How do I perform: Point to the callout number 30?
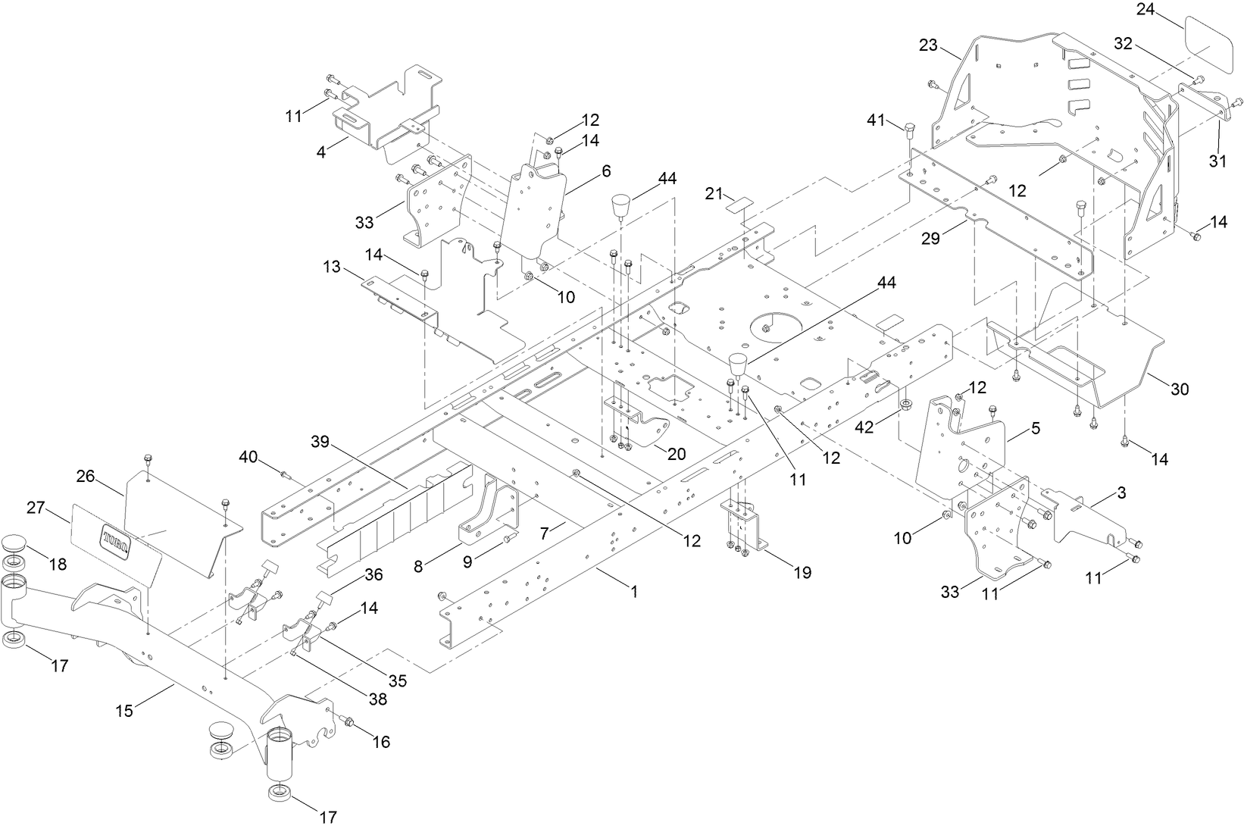pyautogui.click(x=1180, y=389)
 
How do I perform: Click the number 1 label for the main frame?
pyautogui.click(x=633, y=592)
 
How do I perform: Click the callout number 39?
pyautogui.click(x=320, y=442)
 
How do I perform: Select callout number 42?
pyautogui.click(x=865, y=427)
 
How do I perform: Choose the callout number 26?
pyautogui.click(x=86, y=476)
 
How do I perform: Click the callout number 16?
pyautogui.click(x=381, y=741)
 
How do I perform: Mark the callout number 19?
pyautogui.click(x=802, y=572)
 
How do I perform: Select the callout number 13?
pyautogui.click(x=333, y=267)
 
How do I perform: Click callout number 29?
pyautogui.click(x=930, y=238)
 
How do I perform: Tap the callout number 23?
pyautogui.click(x=929, y=45)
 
